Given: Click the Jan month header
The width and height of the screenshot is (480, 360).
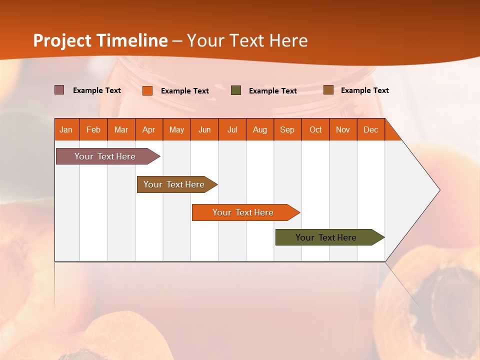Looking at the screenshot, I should pyautogui.click(x=66, y=129).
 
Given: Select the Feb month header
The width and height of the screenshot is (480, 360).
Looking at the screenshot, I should pyautogui.click(x=93, y=129).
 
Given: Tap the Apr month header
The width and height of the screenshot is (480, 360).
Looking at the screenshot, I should pyautogui.click(x=149, y=129).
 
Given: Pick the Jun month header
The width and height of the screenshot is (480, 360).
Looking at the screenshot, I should pyautogui.click(x=204, y=129).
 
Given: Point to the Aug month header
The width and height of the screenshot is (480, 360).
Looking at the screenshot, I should pyautogui.click(x=260, y=129).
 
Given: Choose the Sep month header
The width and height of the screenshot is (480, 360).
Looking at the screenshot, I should pyautogui.click(x=287, y=129).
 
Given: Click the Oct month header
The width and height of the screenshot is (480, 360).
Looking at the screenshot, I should pyautogui.click(x=315, y=129).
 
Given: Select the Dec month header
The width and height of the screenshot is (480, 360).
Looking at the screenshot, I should pyautogui.click(x=371, y=129).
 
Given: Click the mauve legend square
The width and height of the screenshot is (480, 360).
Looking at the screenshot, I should pyautogui.click(x=59, y=90).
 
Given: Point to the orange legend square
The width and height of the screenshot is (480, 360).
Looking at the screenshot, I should pyautogui.click(x=147, y=90).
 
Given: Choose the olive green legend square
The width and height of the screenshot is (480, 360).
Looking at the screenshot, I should pyautogui.click(x=236, y=90).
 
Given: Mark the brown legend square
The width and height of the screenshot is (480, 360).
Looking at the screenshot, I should pyautogui.click(x=328, y=90).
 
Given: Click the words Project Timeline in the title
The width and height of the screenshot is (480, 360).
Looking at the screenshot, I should pyautogui.click(x=100, y=40).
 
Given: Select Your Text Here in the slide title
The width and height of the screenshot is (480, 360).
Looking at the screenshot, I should pyautogui.click(x=247, y=40).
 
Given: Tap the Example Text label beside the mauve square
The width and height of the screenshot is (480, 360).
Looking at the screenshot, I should pyautogui.click(x=97, y=90).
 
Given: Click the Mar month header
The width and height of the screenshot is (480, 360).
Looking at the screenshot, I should pyautogui.click(x=121, y=129).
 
